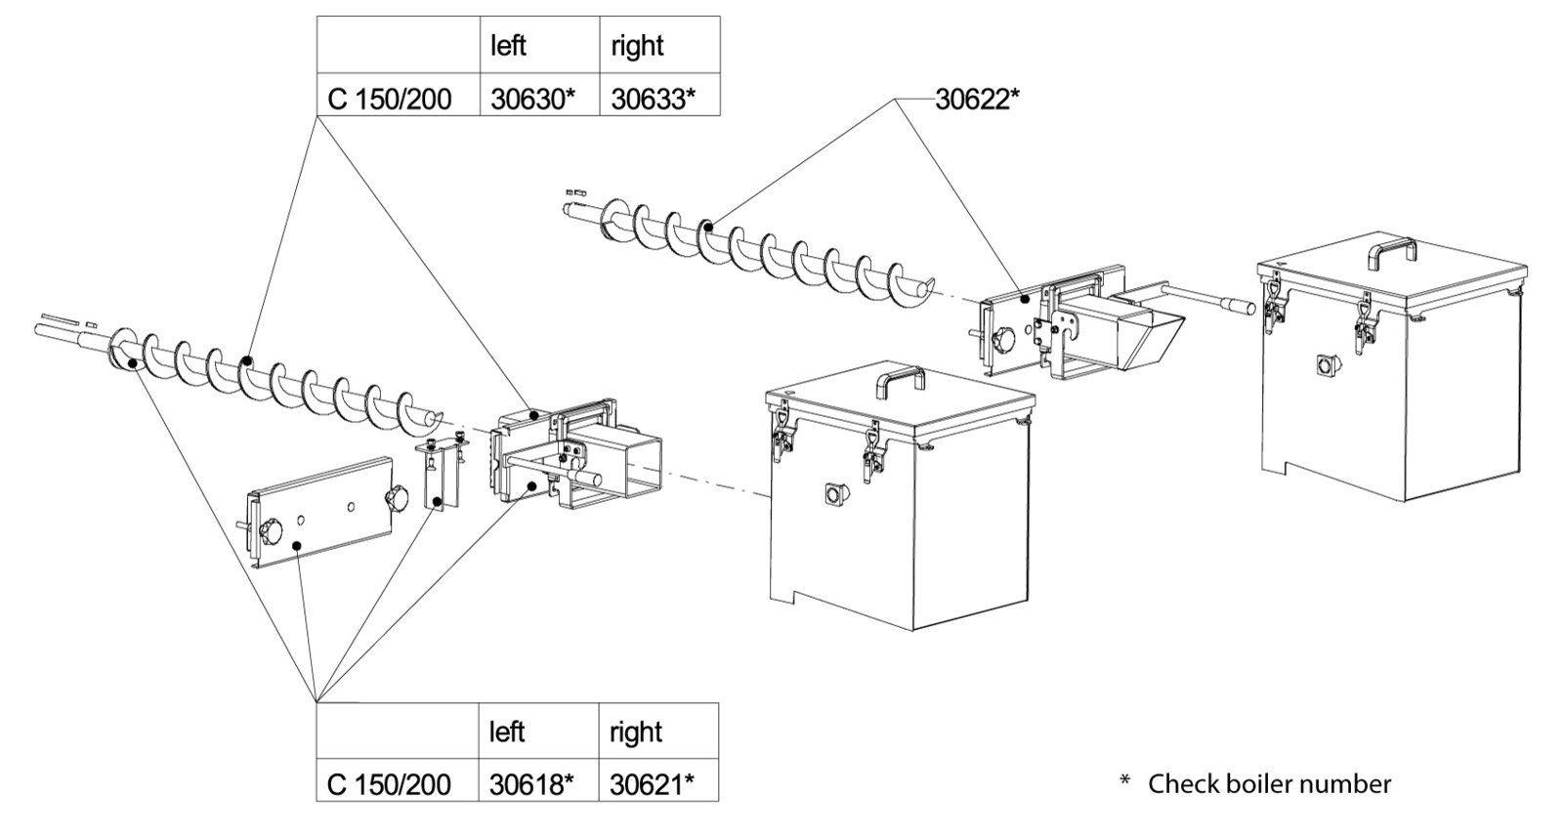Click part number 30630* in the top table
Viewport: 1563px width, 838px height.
click(x=531, y=99)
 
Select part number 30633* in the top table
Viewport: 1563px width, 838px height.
click(x=654, y=99)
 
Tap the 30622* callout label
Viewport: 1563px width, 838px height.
click(x=977, y=100)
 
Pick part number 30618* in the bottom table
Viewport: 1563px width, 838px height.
click(x=531, y=785)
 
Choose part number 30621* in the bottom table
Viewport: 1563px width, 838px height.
click(x=652, y=785)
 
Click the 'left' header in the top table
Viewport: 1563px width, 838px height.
click(x=508, y=46)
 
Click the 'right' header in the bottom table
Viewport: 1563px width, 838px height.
click(x=636, y=733)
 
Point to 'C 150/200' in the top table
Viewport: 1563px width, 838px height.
click(x=390, y=99)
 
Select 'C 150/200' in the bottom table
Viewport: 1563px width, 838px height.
click(x=389, y=785)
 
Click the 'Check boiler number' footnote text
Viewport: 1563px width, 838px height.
click(x=1269, y=783)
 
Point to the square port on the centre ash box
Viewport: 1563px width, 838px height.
click(x=834, y=494)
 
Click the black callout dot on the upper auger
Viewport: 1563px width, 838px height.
click(x=707, y=226)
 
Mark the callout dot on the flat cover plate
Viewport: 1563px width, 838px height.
click(x=297, y=546)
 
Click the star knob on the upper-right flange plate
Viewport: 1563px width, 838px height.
click(x=1002, y=341)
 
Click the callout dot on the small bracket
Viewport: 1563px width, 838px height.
click(x=436, y=501)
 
